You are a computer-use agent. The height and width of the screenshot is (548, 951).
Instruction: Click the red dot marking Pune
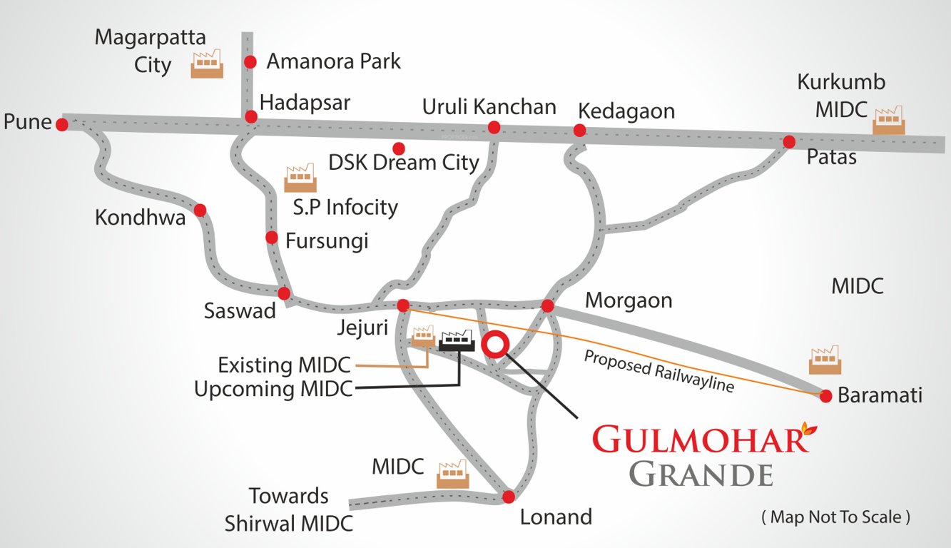[x=62, y=125]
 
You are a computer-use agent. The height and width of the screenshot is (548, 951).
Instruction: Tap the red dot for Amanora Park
[x=250, y=62]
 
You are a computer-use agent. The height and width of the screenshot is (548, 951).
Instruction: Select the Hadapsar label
[x=305, y=102]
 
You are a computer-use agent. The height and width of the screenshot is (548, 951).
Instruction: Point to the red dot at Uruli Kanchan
[x=493, y=128]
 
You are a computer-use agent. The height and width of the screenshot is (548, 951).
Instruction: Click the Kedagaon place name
[x=626, y=111]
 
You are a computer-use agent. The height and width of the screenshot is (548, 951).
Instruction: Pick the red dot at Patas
[x=789, y=142]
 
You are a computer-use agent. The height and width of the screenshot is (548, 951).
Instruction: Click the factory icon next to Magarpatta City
[x=207, y=64]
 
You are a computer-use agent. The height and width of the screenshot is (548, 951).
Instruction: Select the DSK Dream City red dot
[x=399, y=148]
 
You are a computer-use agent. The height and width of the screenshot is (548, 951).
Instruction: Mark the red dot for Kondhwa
[x=200, y=210]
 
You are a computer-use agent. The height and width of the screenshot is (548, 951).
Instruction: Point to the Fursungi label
[x=327, y=240]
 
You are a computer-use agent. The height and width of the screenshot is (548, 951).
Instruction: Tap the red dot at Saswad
[x=284, y=293]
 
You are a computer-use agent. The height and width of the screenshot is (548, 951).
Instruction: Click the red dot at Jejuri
[x=403, y=305]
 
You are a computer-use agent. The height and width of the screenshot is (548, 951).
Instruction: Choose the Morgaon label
[x=629, y=300]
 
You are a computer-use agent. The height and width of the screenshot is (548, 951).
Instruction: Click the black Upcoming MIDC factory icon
[x=457, y=340]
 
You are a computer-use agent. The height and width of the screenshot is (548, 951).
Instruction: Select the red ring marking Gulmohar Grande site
[x=494, y=344]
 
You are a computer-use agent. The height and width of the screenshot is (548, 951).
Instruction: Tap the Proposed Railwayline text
[x=658, y=371]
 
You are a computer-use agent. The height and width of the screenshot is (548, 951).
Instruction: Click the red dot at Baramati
[x=826, y=395]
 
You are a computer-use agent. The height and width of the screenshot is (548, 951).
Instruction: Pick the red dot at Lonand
[x=508, y=497]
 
